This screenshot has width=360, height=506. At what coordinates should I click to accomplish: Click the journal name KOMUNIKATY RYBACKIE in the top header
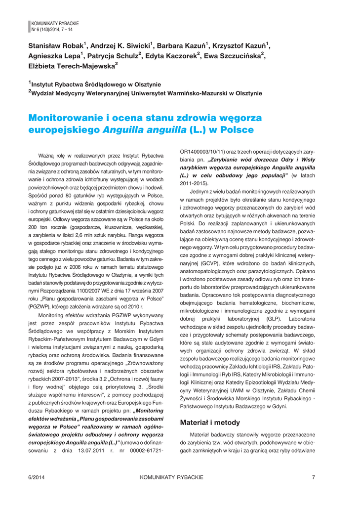[55, 23]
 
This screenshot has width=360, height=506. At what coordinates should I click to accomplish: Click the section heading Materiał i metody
[210, 422]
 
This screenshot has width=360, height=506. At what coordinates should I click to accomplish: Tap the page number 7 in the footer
[314, 477]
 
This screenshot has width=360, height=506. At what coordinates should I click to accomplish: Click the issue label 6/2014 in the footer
[37, 477]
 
